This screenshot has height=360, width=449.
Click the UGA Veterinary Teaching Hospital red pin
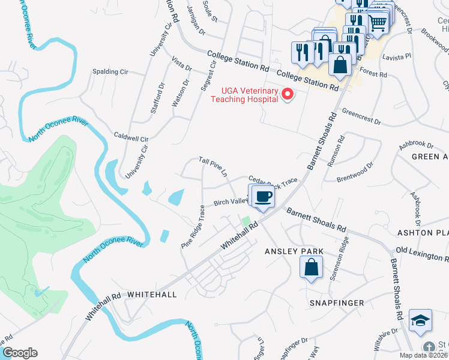(288, 94)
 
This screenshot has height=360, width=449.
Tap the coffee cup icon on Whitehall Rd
(262, 197)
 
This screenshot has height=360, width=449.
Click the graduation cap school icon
(420, 321)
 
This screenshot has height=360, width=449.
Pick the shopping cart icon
(377, 23)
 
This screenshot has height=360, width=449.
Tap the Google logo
(19, 353)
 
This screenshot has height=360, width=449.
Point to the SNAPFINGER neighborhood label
(336, 303)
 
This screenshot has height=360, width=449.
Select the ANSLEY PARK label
(294, 251)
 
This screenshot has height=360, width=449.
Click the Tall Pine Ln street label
(214, 166)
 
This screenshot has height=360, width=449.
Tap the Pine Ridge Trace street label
(193, 227)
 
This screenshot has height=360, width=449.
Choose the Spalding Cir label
(110, 71)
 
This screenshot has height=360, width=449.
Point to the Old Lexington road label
(422, 253)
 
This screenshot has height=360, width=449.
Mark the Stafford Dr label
(158, 100)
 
